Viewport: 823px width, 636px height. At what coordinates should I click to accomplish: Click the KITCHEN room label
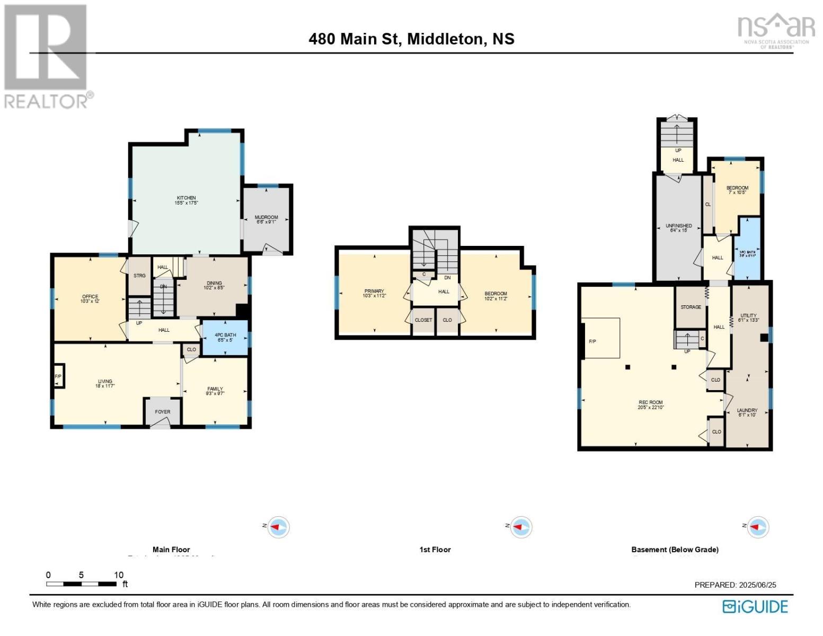tap(187, 200)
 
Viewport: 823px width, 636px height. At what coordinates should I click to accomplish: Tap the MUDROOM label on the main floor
tap(266, 219)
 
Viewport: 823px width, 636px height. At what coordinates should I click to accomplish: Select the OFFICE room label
tap(90, 299)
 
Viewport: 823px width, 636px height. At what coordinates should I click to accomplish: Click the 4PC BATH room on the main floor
tap(225, 338)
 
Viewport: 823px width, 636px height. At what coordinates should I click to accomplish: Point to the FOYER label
tap(163, 412)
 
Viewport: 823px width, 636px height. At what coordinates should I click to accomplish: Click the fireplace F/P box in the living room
tap(58, 376)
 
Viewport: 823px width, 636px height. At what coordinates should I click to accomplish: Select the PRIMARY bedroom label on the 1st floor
tap(374, 293)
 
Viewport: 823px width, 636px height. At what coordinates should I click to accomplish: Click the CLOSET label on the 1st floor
tap(423, 320)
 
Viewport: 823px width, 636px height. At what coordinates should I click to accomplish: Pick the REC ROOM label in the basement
tap(651, 405)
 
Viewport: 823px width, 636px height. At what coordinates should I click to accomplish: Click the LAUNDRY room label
tap(747, 412)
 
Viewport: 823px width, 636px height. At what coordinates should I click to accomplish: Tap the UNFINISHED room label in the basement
tap(679, 228)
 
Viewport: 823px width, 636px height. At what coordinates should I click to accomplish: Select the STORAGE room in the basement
tap(691, 307)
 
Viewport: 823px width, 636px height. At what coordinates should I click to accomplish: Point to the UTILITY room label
tap(749, 317)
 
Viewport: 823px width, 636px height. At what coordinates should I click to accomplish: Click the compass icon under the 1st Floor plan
tap(520, 527)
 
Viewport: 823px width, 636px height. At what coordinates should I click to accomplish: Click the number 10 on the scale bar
tap(119, 575)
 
